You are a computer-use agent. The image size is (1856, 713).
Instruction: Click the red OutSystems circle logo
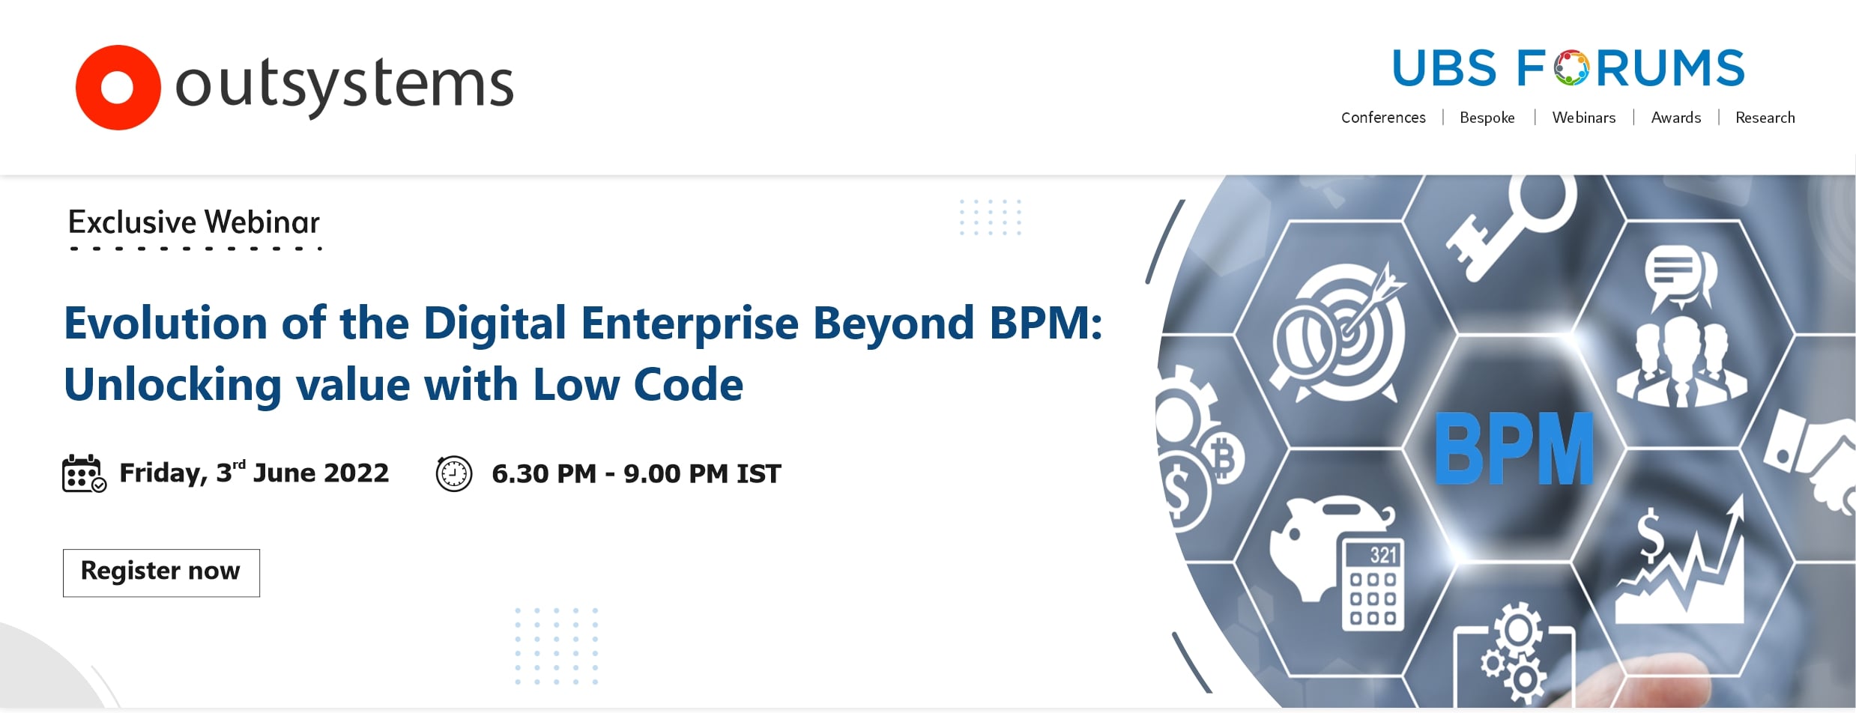pyautogui.click(x=118, y=88)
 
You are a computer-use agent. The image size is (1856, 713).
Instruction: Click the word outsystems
pyautogui.click(x=344, y=86)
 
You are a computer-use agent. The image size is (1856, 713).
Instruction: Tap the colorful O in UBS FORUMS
pyautogui.click(x=1571, y=68)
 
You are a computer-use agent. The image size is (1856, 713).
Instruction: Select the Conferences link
pyautogui.click(x=1383, y=118)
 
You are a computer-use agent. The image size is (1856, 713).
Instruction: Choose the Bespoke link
pyautogui.click(x=1487, y=118)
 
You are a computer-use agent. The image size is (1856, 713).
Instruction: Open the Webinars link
pyautogui.click(x=1583, y=118)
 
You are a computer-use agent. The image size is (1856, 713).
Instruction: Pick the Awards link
pyautogui.click(x=1675, y=118)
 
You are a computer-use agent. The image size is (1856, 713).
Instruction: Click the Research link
pyautogui.click(x=1765, y=118)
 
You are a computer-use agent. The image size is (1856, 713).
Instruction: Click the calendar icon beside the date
pyautogui.click(x=84, y=473)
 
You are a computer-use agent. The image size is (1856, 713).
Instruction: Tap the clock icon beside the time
pyautogui.click(x=454, y=473)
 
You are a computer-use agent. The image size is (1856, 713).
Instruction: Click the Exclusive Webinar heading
pyautogui.click(x=194, y=222)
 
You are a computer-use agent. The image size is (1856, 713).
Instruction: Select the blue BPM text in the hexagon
pyautogui.click(x=1514, y=448)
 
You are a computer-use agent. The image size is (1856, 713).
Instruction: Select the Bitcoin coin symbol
pyautogui.click(x=1224, y=458)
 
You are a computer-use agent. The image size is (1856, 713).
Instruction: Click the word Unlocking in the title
pyautogui.click(x=172, y=385)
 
